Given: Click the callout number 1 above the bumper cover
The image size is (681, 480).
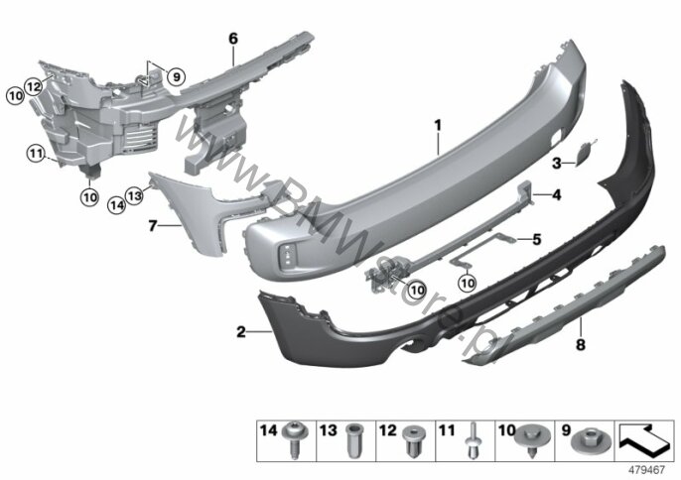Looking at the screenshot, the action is (x=438, y=126).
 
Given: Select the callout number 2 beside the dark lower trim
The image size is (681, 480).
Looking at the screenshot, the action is (x=241, y=332).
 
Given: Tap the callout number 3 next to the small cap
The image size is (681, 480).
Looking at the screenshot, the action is (x=557, y=164).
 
